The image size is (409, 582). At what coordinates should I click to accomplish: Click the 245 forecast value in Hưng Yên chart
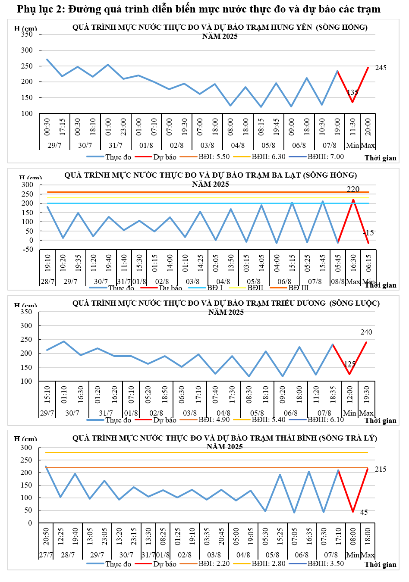tap(381, 68)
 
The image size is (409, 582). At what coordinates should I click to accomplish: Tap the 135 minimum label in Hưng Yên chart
tap(352, 92)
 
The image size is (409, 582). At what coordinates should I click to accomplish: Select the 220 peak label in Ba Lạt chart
tap(353, 189)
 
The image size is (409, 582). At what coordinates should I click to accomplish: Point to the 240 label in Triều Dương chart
tap(366, 332)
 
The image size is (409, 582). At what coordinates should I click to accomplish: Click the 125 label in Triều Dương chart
tap(349, 364)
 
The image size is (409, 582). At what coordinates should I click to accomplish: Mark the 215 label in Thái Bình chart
tap(381, 469)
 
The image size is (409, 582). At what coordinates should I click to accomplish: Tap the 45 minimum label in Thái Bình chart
tap(364, 512)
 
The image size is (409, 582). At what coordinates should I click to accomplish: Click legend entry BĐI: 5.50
tap(214, 156)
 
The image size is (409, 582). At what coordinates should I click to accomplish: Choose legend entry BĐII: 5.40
tap(268, 419)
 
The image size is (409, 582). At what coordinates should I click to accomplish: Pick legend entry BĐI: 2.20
tap(214, 563)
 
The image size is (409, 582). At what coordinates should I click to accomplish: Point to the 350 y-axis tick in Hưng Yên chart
tap(27, 34)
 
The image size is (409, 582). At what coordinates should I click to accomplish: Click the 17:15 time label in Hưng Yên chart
tap(63, 127)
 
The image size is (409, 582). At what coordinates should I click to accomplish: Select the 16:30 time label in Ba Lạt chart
tap(353, 263)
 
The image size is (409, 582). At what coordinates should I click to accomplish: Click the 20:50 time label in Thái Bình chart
tap(46, 536)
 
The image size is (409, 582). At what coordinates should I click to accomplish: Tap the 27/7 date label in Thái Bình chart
tap(46, 555)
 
